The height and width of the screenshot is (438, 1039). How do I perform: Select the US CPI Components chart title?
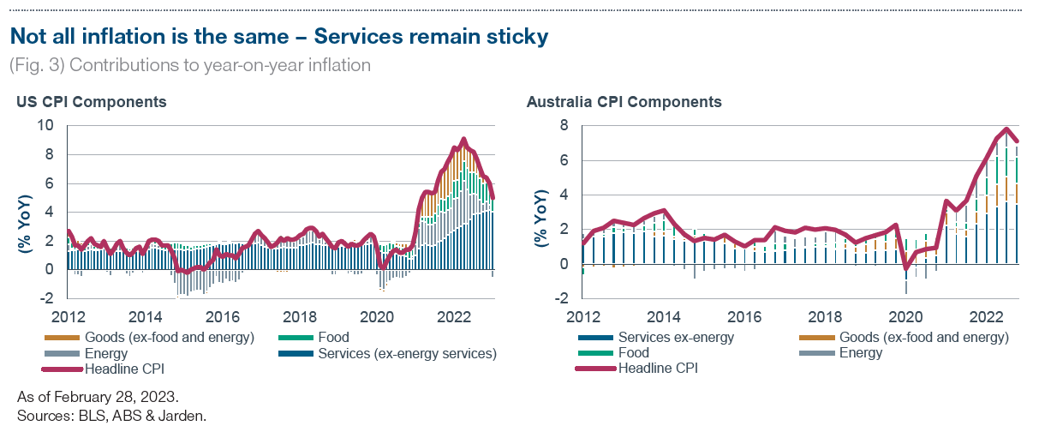click(x=91, y=102)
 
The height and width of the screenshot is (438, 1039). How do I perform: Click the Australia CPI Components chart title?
click(x=624, y=102)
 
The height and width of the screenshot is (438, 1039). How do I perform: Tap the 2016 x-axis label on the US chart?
click(x=223, y=315)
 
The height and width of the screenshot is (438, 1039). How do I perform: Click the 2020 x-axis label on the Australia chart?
click(x=905, y=315)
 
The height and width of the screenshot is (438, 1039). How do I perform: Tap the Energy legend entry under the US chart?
click(x=106, y=353)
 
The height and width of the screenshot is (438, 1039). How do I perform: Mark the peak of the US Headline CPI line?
click(x=463, y=139)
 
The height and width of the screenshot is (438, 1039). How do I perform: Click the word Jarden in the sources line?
click(x=186, y=417)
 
